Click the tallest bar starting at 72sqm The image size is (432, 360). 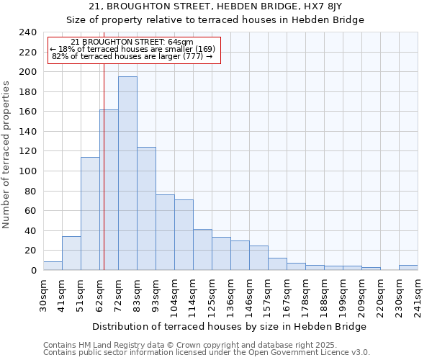coord(127,173)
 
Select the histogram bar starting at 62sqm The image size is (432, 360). coord(109,190)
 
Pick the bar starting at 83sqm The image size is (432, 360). coord(146,209)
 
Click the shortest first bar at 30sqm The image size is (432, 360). coord(53,266)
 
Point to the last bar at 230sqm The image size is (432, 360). coord(408,267)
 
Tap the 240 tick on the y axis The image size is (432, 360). coord(28,32)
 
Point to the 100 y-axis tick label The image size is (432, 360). coord(28,171)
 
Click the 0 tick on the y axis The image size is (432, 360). coord(34,271)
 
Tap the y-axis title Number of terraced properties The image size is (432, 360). coord(6,155)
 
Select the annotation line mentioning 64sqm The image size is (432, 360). coord(132,42)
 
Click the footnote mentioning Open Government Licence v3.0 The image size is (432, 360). coord(207,353)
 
